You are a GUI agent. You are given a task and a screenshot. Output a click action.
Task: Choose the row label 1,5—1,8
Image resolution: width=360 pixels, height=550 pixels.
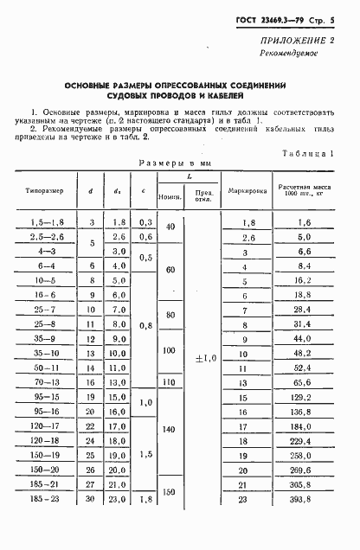[x=46, y=222]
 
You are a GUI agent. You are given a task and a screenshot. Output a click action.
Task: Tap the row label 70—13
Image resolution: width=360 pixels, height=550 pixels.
[x=46, y=381]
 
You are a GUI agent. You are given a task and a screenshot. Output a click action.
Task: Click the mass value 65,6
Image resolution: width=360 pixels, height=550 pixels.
[x=302, y=381]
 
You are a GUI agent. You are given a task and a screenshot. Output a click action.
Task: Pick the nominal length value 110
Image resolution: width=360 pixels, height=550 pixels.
[x=170, y=381]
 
